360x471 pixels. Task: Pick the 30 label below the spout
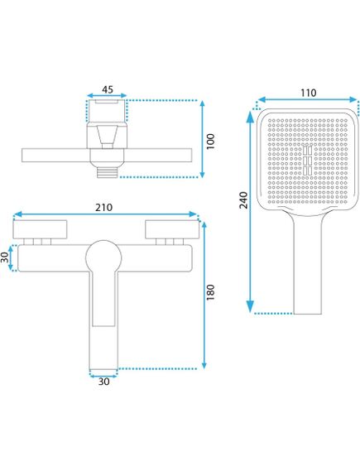tap(103, 383)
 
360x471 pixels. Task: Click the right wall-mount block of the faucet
tap(170, 230)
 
